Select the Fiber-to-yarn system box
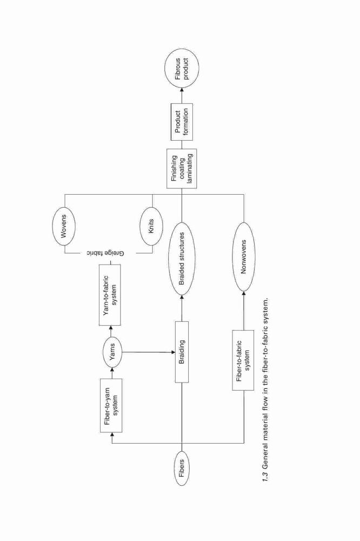(x=111, y=405)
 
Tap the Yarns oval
(x=112, y=352)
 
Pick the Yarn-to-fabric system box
(x=110, y=295)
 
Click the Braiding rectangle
(x=182, y=352)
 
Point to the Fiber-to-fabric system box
(x=243, y=360)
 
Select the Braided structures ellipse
(x=182, y=259)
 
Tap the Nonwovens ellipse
(x=244, y=256)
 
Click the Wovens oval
(x=64, y=226)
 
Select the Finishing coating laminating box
(x=182, y=168)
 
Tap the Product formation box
(x=182, y=122)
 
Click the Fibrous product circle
(x=182, y=68)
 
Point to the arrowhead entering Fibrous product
(x=182, y=89)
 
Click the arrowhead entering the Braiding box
(x=172, y=352)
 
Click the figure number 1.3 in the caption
(x=265, y=477)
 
